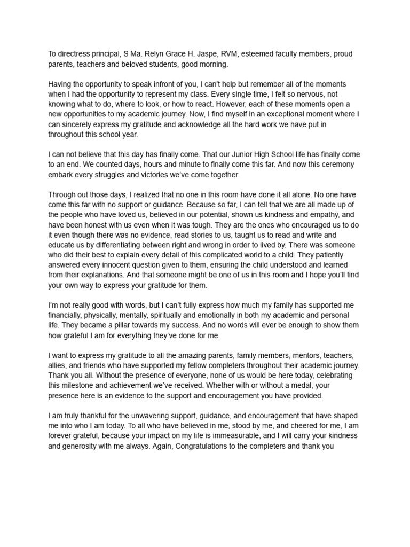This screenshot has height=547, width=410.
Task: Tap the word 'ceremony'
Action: point(338,164)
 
